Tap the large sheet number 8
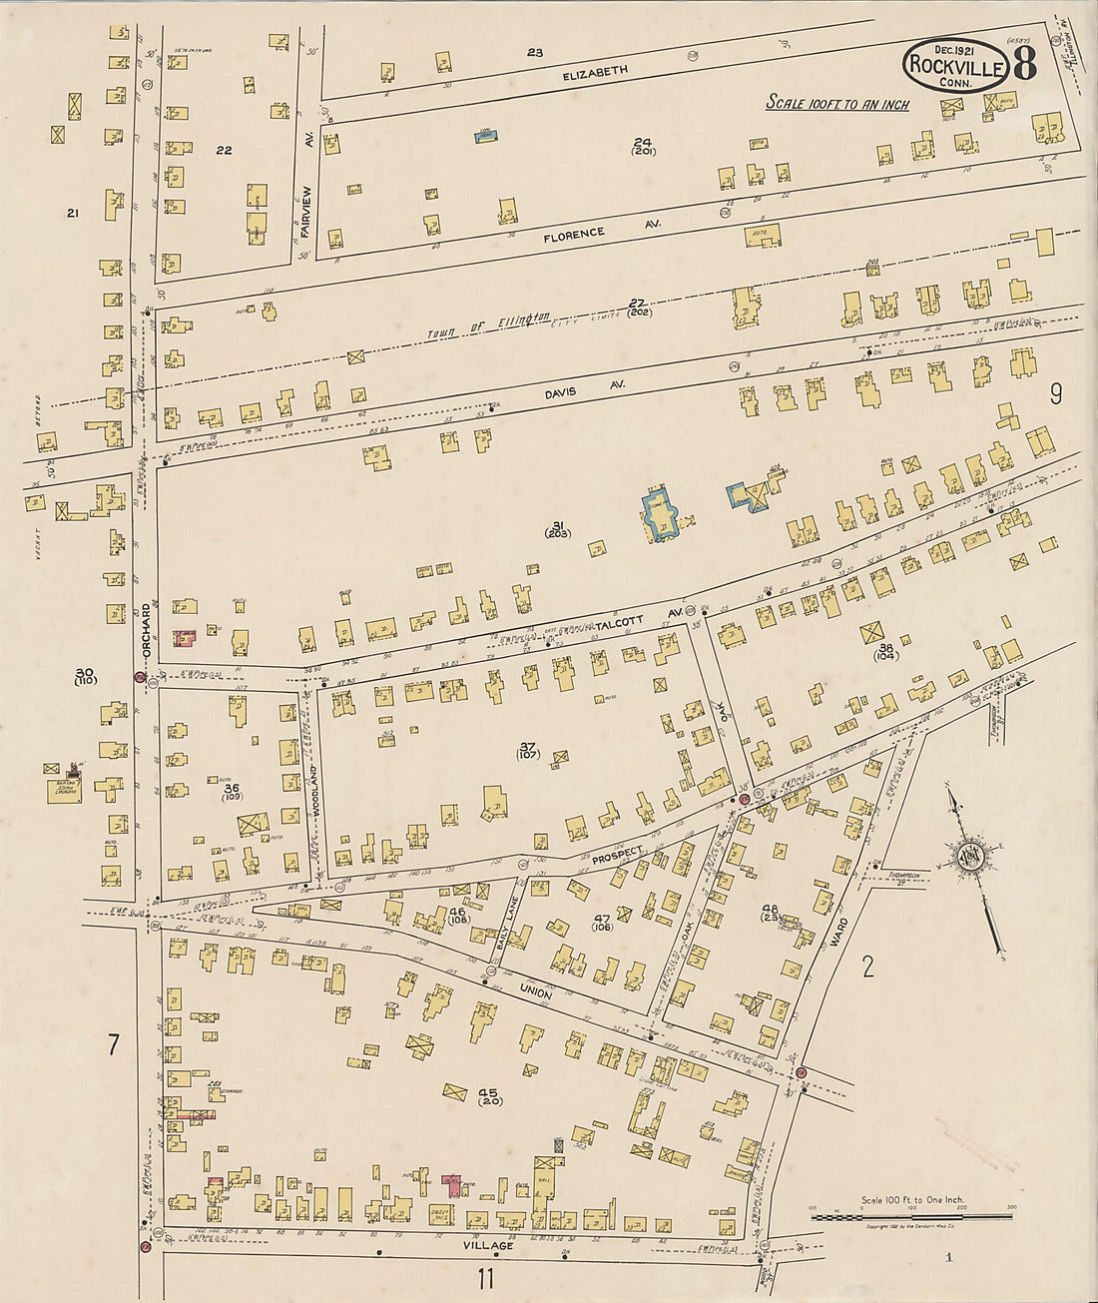[x=1026, y=64]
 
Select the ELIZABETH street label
[x=595, y=71]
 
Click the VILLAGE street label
[x=488, y=1246]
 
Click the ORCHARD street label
[x=146, y=624]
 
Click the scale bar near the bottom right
[x=912, y=1217]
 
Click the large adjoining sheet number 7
[x=113, y=1045]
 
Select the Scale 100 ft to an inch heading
[x=836, y=103]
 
